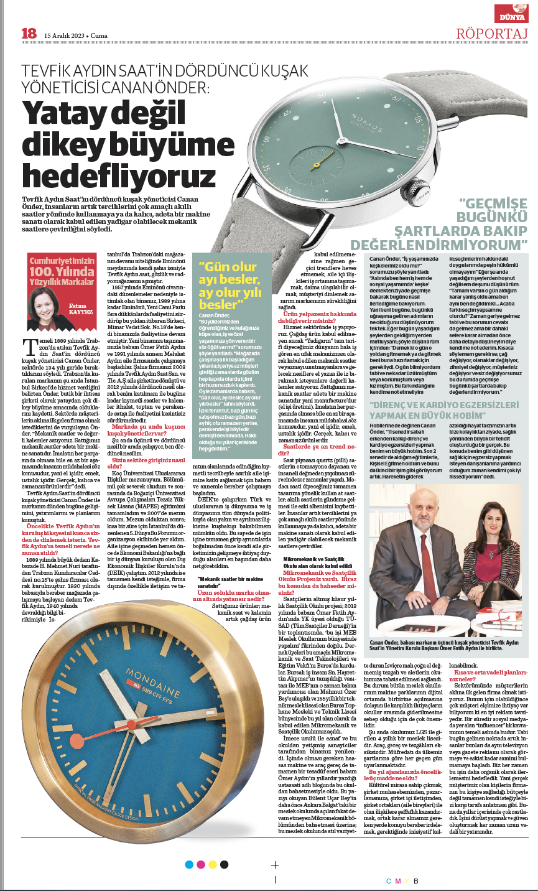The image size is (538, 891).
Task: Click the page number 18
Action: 29,34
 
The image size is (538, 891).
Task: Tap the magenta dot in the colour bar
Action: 201,864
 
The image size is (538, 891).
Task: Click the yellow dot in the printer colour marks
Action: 213,864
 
